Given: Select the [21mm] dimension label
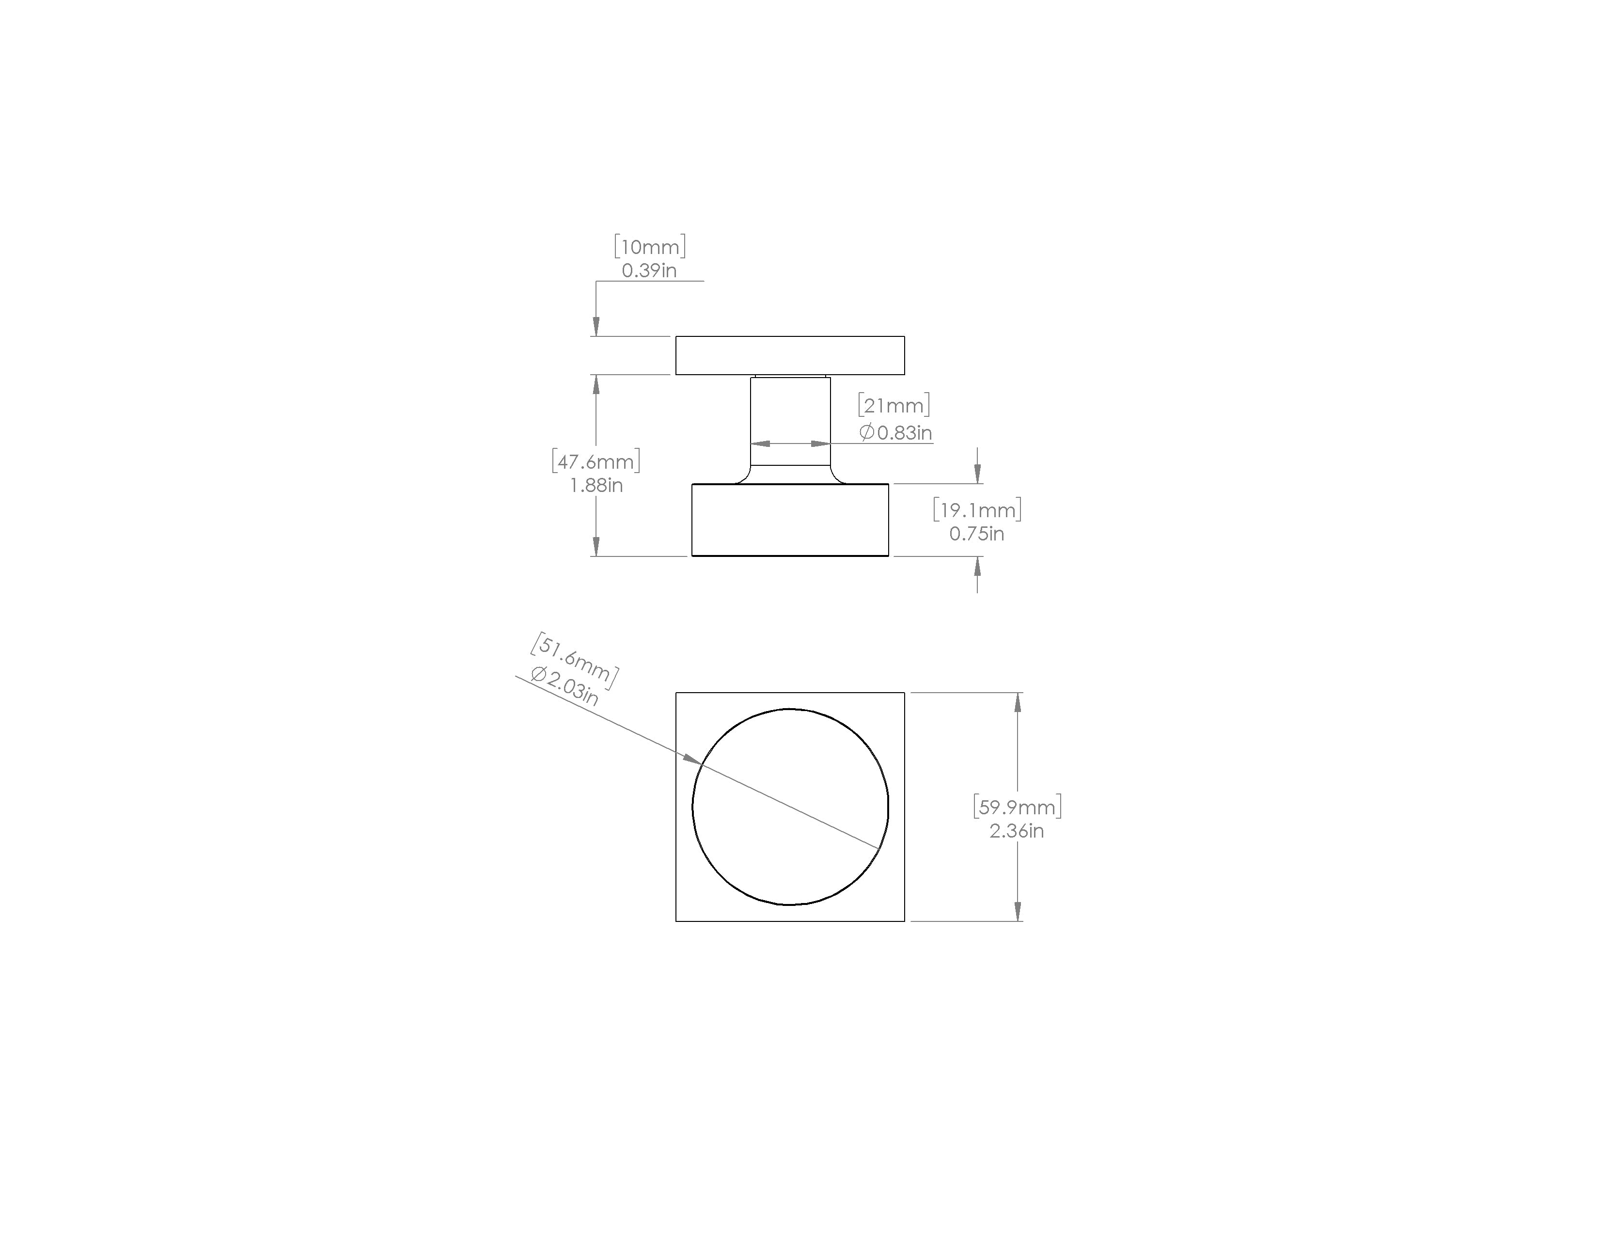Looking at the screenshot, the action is click(x=894, y=405).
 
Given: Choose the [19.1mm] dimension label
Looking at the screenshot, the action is click(x=977, y=509).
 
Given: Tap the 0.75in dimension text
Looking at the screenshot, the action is click(x=977, y=534).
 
